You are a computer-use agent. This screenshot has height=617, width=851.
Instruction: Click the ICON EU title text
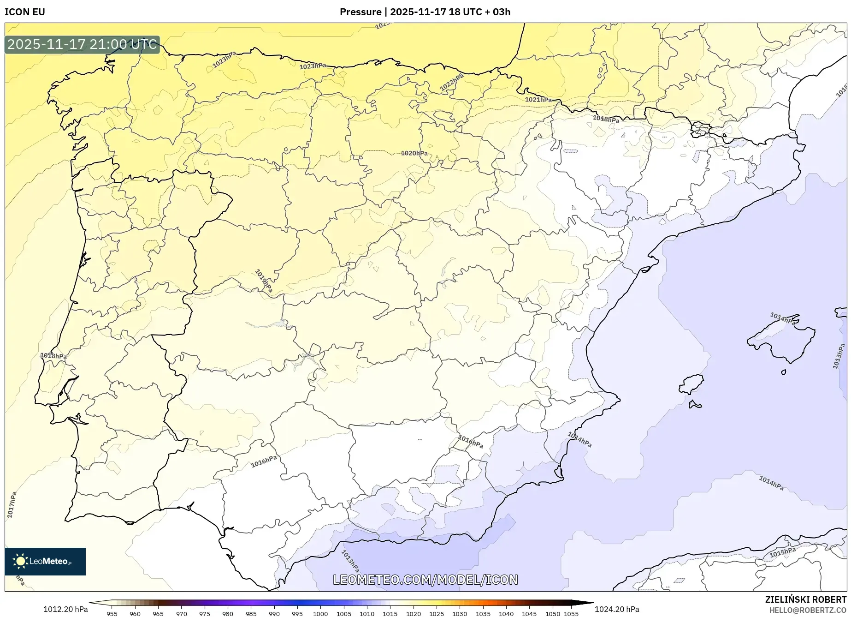pyautogui.click(x=25, y=12)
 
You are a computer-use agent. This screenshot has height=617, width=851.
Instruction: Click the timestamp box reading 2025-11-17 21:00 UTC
pyautogui.click(x=82, y=45)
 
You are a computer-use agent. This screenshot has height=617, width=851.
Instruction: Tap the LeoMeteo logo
pyautogui.click(x=45, y=561)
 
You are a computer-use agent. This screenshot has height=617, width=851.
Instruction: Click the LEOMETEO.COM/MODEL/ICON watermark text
pyautogui.click(x=425, y=580)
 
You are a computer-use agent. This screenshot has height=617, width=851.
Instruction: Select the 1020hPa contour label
pyautogui.click(x=414, y=153)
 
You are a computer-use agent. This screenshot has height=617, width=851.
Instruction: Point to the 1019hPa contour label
pyautogui.click(x=264, y=281)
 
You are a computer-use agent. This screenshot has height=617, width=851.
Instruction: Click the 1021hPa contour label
pyautogui.click(x=538, y=100)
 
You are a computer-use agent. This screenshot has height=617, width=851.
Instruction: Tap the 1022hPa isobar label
pyautogui.click(x=451, y=83)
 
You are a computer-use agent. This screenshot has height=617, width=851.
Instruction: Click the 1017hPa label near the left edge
pyautogui.click(x=12, y=504)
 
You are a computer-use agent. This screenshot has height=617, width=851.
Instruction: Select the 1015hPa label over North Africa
pyautogui.click(x=782, y=552)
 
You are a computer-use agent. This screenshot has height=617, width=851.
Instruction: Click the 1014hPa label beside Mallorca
pyautogui.click(x=782, y=318)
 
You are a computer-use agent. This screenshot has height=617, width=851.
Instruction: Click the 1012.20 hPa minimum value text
pyautogui.click(x=65, y=609)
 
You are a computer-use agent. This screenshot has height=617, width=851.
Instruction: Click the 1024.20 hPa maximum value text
pyautogui.click(x=617, y=609)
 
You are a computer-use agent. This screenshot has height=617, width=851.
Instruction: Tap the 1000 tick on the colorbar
pyautogui.click(x=320, y=614)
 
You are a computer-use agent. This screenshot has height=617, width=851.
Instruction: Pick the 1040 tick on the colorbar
pyautogui.click(x=506, y=614)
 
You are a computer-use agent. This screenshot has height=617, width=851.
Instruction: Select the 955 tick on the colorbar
pyautogui.click(x=112, y=614)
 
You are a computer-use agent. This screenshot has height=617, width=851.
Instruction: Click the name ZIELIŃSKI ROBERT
pyautogui.click(x=805, y=599)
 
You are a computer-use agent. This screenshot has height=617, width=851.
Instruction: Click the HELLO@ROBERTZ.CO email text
pyautogui.click(x=807, y=610)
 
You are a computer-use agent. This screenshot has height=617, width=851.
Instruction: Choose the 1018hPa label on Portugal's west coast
pyautogui.click(x=53, y=356)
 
